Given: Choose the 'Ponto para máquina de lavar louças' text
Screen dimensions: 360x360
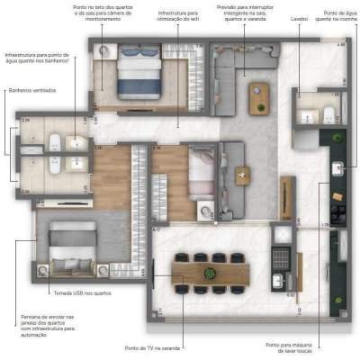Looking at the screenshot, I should pos(293,347).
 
